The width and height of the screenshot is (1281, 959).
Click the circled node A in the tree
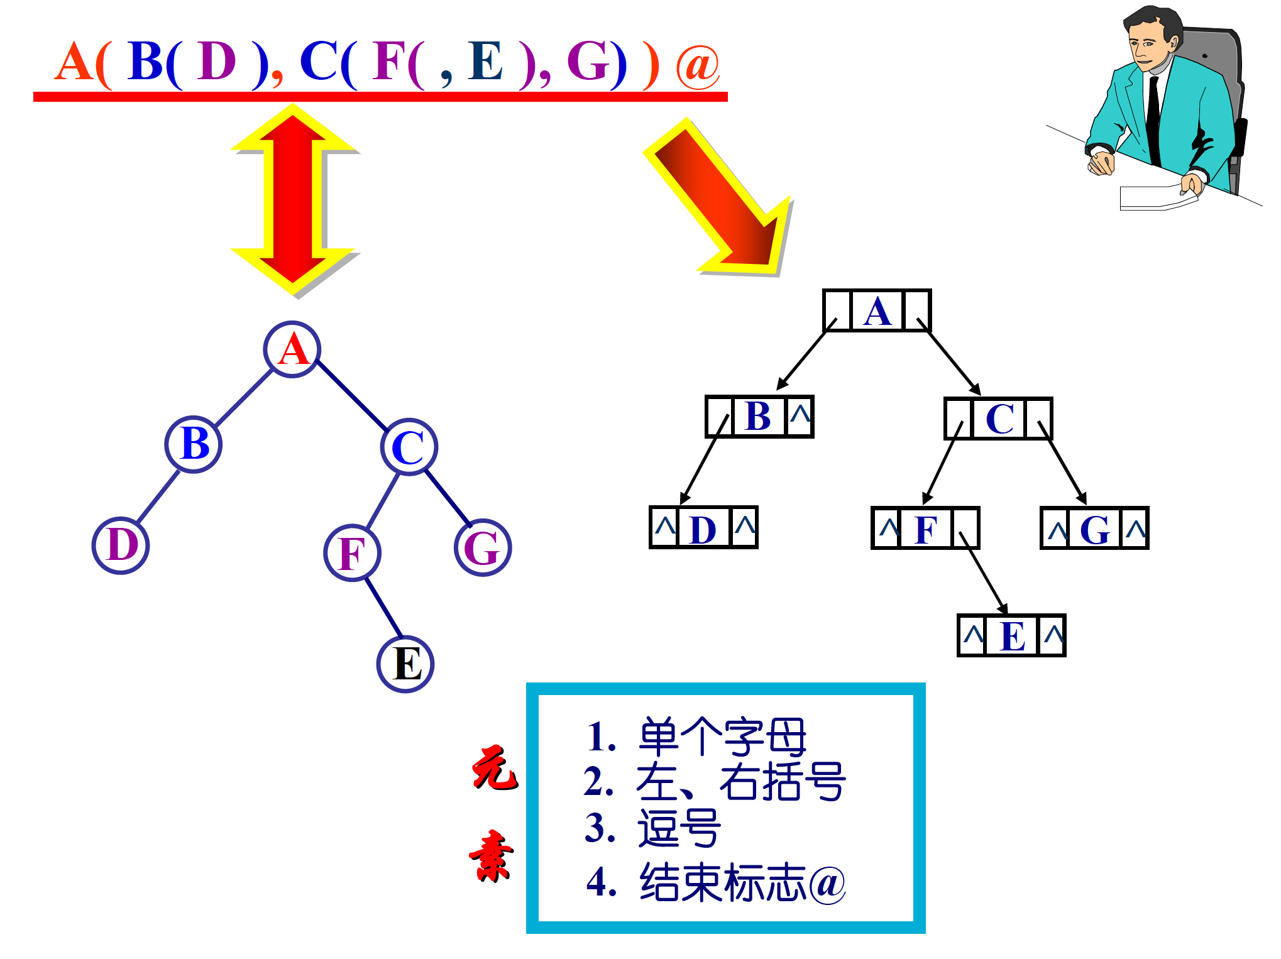point(292,349)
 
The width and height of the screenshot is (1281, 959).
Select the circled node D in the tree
point(121,545)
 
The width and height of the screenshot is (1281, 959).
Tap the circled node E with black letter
point(405,664)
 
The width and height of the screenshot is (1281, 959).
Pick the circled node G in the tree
point(483,548)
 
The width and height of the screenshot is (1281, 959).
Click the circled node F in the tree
point(353,553)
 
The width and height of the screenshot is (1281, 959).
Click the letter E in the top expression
point(486,62)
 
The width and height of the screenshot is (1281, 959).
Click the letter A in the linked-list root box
point(877,311)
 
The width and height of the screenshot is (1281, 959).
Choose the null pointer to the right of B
point(800,415)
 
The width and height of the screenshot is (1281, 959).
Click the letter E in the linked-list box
point(1013,636)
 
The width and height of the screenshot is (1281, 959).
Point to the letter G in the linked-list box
point(1095,529)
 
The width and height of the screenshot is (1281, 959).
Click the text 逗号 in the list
point(679,828)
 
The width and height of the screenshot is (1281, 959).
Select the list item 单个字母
point(723,737)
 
